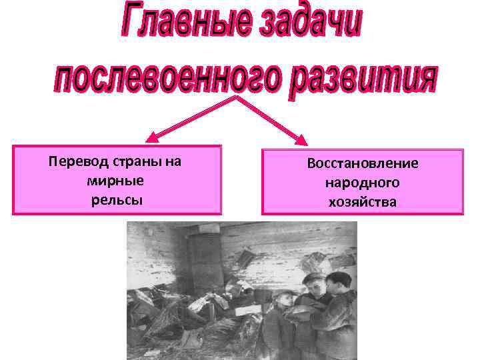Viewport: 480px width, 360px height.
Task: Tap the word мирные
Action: [116, 181]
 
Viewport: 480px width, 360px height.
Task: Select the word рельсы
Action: [117, 200]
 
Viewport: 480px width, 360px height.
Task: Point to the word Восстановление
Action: [363, 164]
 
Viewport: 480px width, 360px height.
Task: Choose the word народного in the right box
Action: [363, 183]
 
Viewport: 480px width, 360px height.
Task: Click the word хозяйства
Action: [363, 201]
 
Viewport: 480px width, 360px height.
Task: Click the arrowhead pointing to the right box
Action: [303, 141]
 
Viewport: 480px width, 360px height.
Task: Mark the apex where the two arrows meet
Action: [237, 97]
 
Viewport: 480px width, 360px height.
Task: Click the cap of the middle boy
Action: [313, 277]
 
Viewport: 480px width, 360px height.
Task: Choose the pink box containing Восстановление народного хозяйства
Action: [363, 182]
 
